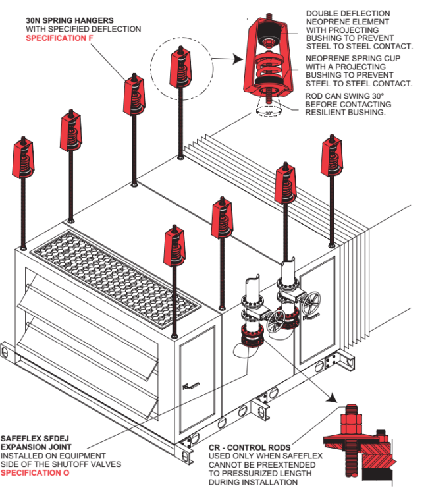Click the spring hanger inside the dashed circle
point(180,67)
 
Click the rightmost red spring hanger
point(331,156)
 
